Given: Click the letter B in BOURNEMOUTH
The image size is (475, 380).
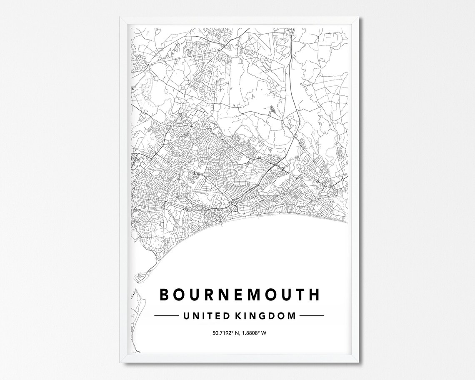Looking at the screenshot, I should click(165, 294).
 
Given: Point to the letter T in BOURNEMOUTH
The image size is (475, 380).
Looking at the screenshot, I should click(298, 294).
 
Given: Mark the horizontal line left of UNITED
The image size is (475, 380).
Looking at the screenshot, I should click(167, 316).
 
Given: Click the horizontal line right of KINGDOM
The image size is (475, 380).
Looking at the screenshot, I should click(311, 316).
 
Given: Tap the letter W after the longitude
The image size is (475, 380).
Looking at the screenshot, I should click(264, 333).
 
